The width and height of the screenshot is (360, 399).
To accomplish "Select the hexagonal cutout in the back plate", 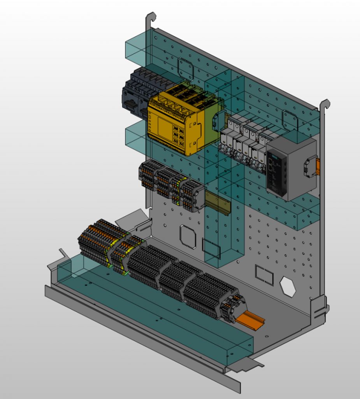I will pyautogui.click(x=288, y=286).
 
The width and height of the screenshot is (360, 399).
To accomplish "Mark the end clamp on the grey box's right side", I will pyautogui.click(x=311, y=166).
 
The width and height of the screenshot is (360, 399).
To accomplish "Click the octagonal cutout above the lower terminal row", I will pyautogui.click(x=188, y=237).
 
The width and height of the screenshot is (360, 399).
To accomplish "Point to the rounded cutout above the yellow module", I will pyautogui.click(x=186, y=69).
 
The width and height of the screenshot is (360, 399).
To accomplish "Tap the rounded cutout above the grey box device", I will pyautogui.click(x=290, y=120).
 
